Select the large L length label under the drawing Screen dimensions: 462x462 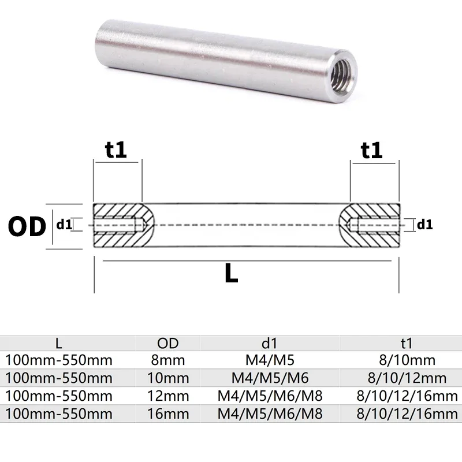click(231, 273)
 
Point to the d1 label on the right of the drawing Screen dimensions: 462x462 click(424, 225)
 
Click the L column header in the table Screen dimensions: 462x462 click(58, 344)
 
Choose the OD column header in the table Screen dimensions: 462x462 click(168, 344)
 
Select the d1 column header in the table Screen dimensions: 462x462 click(269, 344)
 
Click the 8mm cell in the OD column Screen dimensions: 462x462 click(168, 361)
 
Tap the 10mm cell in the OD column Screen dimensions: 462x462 click(168, 378)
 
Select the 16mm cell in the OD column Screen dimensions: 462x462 click(168, 413)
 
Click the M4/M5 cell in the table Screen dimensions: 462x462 click(269, 361)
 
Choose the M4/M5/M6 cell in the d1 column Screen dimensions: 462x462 click(269, 378)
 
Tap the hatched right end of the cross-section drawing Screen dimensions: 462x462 click(372, 225)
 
